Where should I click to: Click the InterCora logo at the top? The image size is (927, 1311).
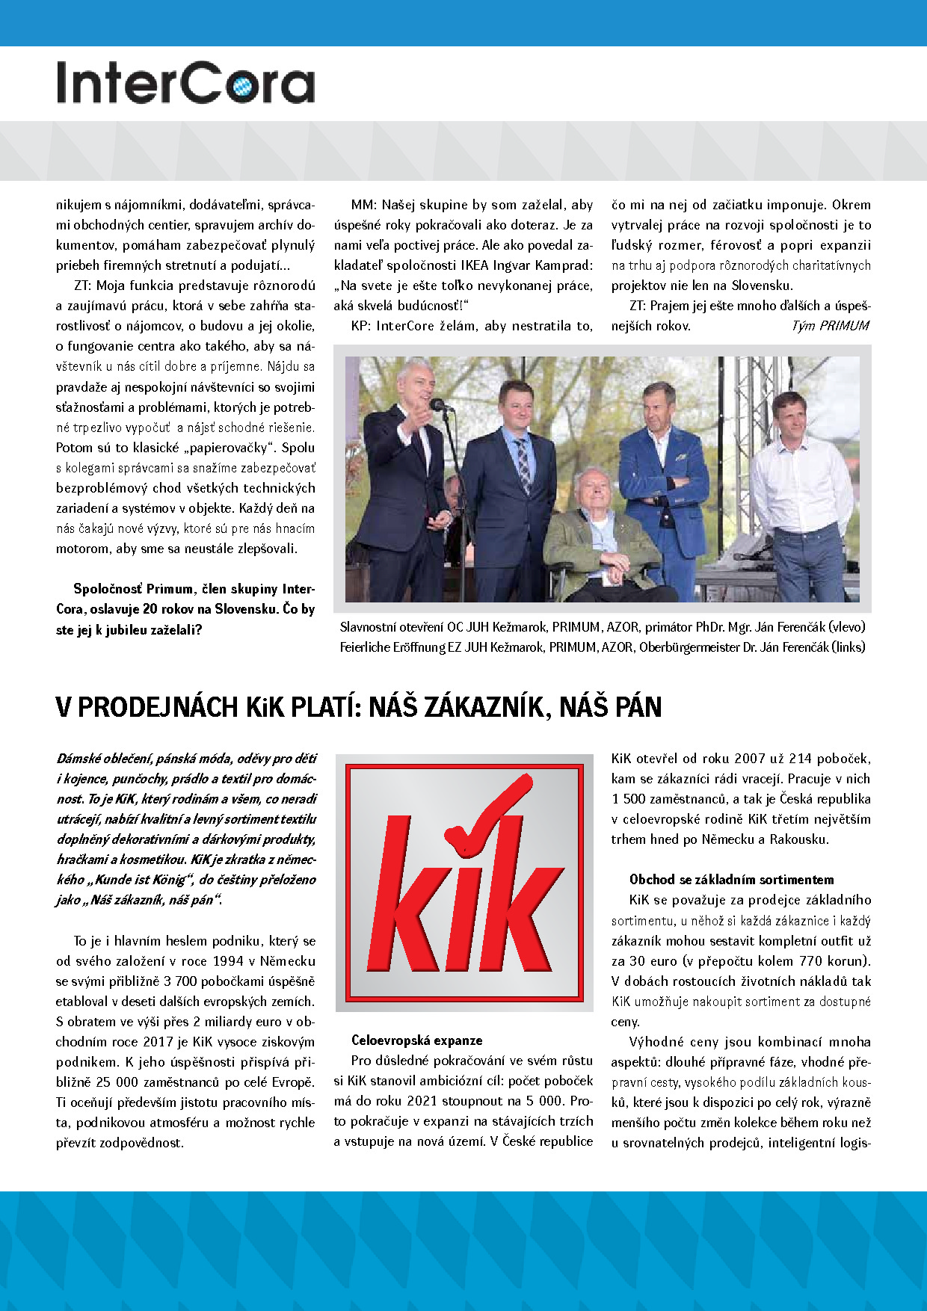185,82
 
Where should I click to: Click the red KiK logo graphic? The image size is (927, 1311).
464,883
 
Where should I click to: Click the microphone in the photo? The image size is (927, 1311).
440,405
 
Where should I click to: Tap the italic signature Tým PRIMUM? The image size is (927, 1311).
830,326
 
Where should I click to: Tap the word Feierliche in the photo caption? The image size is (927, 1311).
365,647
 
